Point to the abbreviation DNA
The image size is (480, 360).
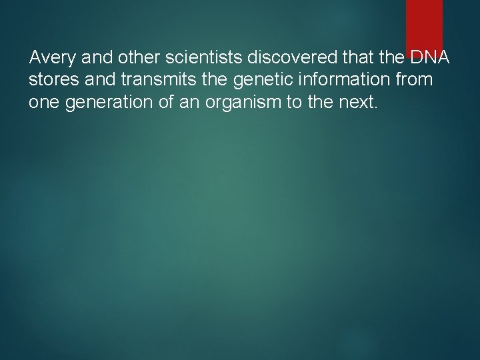click(431, 58)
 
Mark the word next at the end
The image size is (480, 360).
click(356, 103)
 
